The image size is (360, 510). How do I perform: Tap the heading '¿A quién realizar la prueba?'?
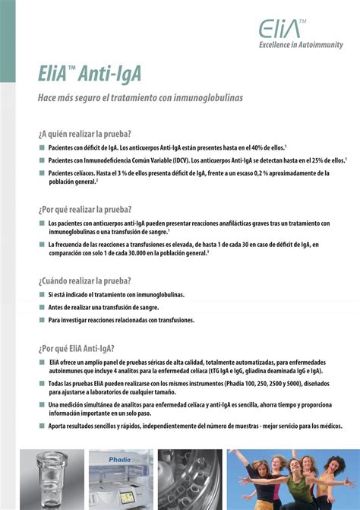pos(84,134)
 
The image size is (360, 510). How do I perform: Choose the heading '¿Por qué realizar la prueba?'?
pos(85,209)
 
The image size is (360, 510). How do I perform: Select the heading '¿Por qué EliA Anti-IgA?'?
pos(76,348)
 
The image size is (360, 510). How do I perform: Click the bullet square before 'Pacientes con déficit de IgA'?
pos(42,147)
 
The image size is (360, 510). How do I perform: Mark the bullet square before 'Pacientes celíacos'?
pos(42,173)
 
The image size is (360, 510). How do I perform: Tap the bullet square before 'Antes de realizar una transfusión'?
pos(42,307)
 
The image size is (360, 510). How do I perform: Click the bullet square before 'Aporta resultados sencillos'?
pos(42,427)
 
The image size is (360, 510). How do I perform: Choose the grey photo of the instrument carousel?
pos(190,479)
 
